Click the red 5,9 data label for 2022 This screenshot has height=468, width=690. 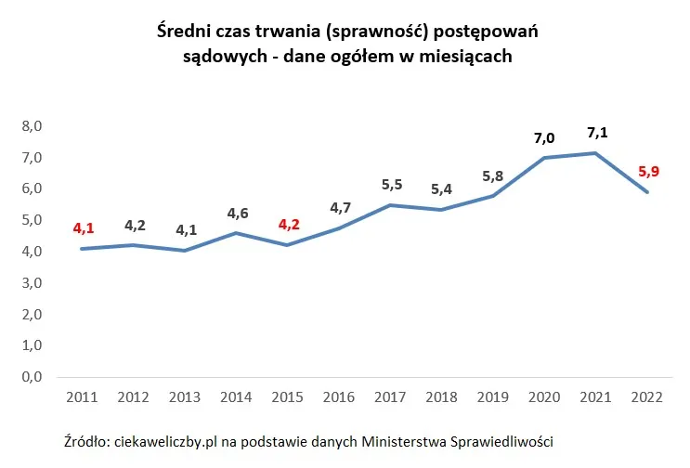pyautogui.click(x=646, y=171)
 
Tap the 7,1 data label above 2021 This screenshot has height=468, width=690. pyautogui.click(x=594, y=132)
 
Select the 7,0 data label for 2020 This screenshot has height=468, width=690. pyautogui.click(x=543, y=138)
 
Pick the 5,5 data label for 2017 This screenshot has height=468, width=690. pyautogui.click(x=392, y=185)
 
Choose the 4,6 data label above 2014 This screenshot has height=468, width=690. pyautogui.click(x=238, y=213)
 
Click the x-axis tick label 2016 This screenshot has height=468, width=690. pyautogui.click(x=339, y=397)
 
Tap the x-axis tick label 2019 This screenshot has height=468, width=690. pyautogui.click(x=492, y=397)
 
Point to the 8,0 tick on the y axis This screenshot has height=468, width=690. pyautogui.click(x=33, y=126)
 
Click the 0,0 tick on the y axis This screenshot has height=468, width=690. pyautogui.click(x=33, y=377)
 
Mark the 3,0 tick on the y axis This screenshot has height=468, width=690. pyautogui.click(x=33, y=283)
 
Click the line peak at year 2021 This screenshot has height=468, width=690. pyautogui.click(x=594, y=153)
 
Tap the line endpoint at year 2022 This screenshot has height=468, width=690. pyautogui.click(x=646, y=192)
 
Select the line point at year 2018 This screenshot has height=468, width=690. pyautogui.click(x=442, y=209)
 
